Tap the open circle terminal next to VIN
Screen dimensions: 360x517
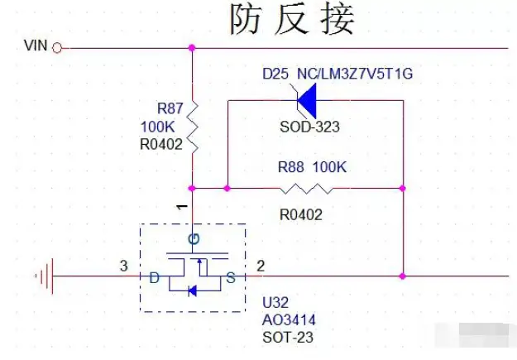[x=57, y=48]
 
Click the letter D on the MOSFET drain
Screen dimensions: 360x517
[x=154, y=278]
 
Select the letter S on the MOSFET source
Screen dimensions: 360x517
[x=231, y=278]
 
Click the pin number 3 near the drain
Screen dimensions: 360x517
[x=123, y=266]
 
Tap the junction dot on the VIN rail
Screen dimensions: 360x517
[x=192, y=48]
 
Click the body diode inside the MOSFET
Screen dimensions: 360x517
[x=192, y=290]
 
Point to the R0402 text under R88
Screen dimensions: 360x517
[x=301, y=214]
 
